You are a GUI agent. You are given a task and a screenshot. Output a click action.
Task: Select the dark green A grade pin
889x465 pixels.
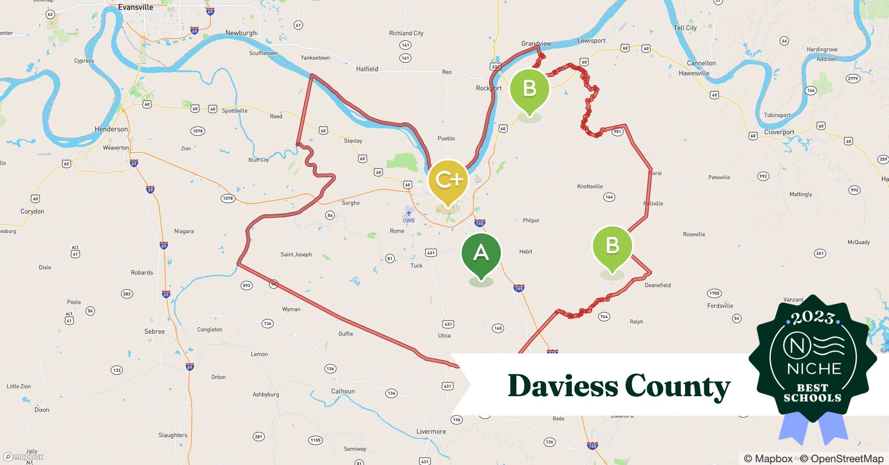point(481,253)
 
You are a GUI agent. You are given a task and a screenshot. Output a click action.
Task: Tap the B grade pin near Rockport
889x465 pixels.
point(529,88)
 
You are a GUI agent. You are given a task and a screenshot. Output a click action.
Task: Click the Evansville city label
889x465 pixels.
point(135,7)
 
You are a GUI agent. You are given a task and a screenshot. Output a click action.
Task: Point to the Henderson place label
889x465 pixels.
point(111,129)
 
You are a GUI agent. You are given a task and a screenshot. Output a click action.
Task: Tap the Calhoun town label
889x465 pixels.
point(343,391)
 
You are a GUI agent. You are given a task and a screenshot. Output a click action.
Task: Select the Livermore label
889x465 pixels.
point(431,432)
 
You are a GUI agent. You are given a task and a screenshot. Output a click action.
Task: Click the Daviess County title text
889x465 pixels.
point(619,386)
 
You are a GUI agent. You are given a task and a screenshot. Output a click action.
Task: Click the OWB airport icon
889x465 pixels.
point(409,213)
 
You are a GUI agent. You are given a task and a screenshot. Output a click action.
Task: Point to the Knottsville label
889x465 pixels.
point(590,186)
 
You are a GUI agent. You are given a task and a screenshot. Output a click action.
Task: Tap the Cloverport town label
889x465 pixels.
point(780,132)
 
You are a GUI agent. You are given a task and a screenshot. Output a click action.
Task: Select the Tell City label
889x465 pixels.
point(685,28)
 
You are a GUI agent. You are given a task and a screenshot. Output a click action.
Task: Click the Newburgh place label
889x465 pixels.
point(241,33)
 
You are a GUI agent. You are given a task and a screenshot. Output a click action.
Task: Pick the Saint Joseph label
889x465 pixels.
point(296,254)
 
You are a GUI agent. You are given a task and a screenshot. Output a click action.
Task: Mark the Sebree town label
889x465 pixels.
point(155,332)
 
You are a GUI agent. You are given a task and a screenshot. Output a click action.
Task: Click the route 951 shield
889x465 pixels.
point(617,132)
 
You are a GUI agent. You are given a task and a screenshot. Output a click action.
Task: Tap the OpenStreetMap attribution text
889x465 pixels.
point(842,458)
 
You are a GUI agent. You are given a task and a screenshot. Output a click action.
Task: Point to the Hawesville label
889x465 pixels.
point(694,73)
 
